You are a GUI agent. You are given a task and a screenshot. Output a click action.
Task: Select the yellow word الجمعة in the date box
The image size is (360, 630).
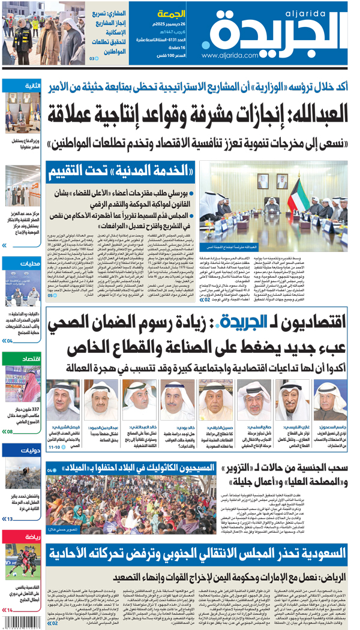pos(171,13)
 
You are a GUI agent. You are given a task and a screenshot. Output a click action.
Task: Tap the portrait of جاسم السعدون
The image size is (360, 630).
pos(330,399)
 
